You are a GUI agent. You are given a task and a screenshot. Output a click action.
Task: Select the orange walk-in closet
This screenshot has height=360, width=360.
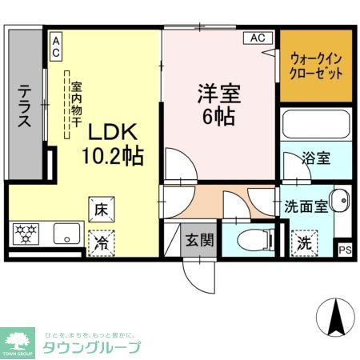coord(316,66)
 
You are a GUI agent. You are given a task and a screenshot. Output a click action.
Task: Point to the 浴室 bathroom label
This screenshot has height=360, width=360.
coord(316,158)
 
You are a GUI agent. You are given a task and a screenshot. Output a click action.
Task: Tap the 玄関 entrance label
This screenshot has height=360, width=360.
coord(199,238)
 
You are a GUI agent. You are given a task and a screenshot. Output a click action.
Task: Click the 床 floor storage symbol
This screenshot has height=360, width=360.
coord(102,210)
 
